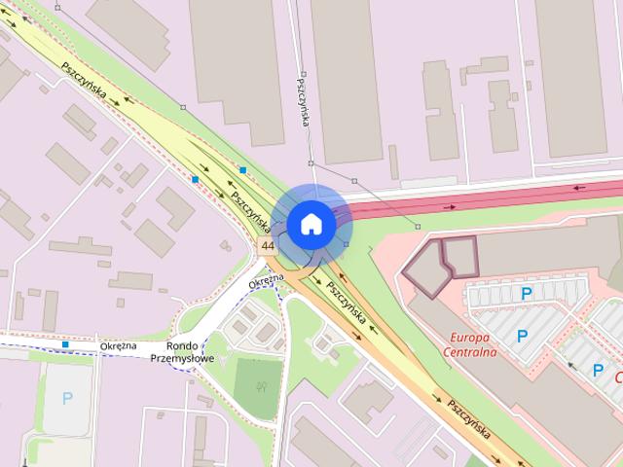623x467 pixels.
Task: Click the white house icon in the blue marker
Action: tap(311, 225)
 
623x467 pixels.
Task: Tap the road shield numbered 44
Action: tap(268, 245)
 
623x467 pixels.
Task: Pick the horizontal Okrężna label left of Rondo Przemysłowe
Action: tap(117, 345)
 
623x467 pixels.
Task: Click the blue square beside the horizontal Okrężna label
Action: tap(65, 344)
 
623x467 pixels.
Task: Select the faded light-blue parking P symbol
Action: tap(67, 397)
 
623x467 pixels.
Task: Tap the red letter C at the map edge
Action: tap(618, 375)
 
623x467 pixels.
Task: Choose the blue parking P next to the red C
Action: tap(599, 369)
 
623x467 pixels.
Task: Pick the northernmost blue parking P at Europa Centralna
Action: tap(527, 293)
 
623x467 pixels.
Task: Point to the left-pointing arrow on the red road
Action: tap(581, 188)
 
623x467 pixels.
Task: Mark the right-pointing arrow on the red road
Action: tap(449, 207)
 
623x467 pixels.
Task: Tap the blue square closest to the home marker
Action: tap(242, 170)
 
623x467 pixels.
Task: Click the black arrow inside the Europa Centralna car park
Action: tap(571, 368)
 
